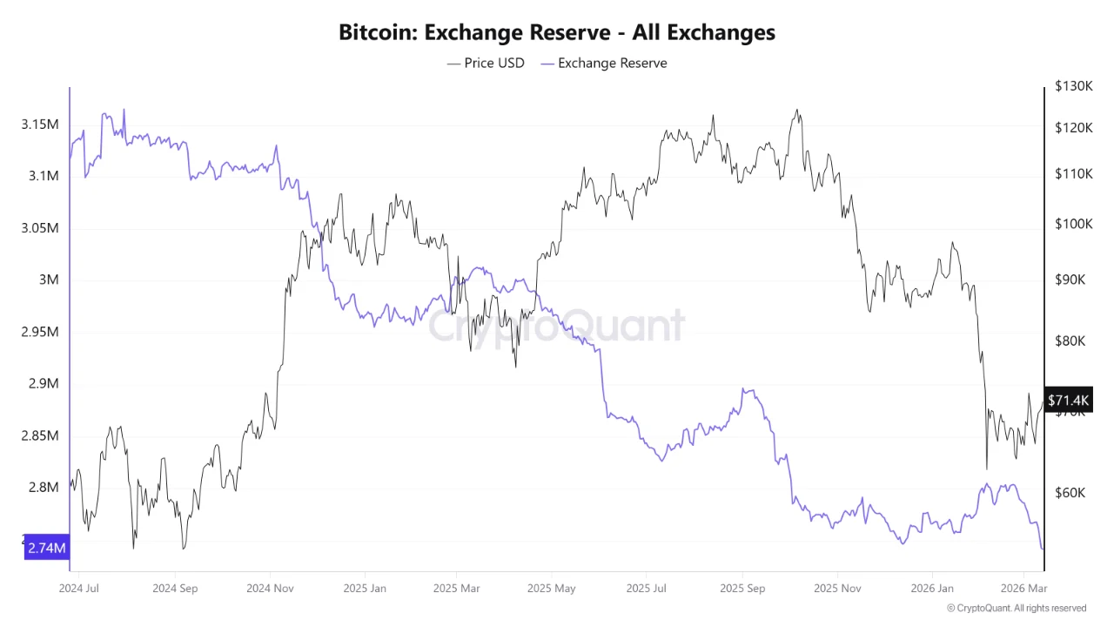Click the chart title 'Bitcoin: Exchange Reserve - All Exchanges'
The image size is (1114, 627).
557,33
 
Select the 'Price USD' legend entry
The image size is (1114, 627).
487,63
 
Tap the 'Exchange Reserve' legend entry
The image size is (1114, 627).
604,63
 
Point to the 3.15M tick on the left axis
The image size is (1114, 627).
40,125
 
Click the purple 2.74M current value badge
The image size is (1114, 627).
46,548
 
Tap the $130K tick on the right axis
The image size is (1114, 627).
1072,86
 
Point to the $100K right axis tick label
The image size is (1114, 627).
1072,224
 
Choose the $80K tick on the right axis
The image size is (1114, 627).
1070,341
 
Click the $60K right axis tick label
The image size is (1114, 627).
1070,493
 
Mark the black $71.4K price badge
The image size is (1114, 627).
1068,400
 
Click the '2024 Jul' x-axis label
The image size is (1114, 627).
79,588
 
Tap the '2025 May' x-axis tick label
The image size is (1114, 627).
552,588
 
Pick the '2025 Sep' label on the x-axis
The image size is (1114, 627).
742,588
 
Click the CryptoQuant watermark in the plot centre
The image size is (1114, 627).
556,326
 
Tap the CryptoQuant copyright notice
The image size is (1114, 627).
1017,608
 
